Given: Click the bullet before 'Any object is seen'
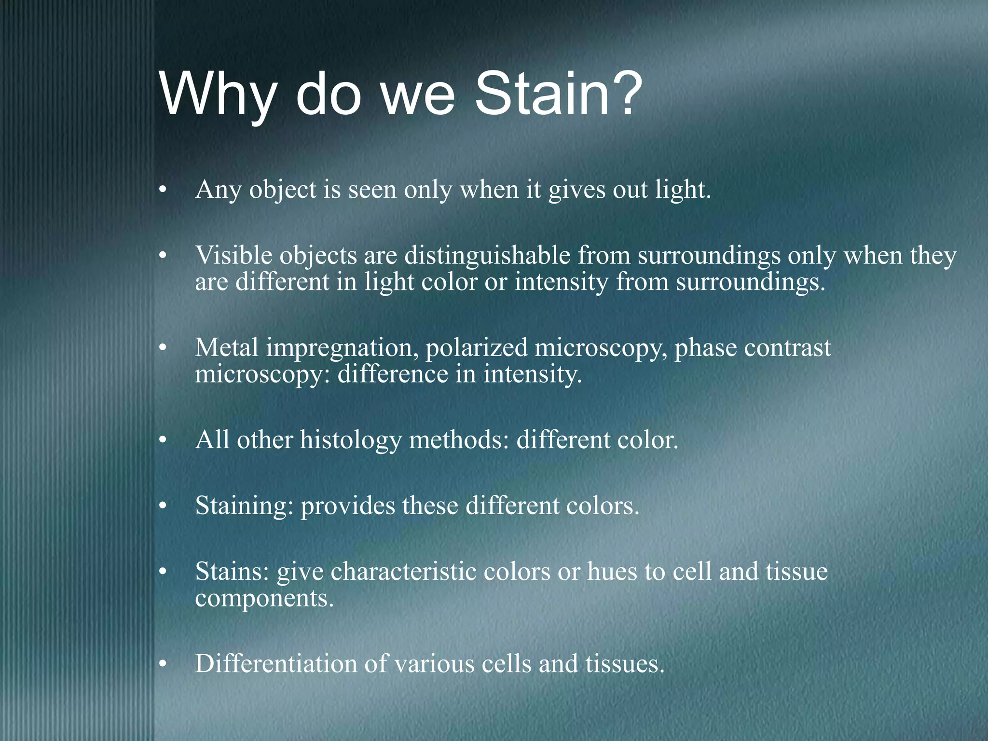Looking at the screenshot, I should tap(163, 190).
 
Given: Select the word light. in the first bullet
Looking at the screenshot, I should tap(683, 189).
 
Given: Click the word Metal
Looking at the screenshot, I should tap(227, 347).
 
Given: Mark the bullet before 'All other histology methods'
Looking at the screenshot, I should tap(163, 441).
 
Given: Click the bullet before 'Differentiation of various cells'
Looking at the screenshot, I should tap(163, 665).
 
